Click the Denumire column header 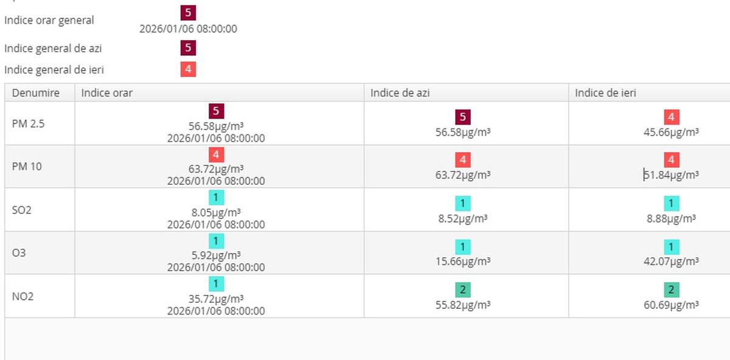pos(36,93)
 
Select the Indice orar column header pos(107,93)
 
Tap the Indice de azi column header pos(401,93)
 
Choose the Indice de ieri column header pos(606,93)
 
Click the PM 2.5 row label pos(28,123)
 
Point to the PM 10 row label pos(27,166)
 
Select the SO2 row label pos(21,210)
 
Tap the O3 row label pos(19,252)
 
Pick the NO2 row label pos(22,296)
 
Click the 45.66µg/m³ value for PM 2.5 pos(672,132)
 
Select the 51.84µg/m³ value pos(672,175)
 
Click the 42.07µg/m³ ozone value pos(672,261)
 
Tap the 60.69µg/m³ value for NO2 pos(672,305)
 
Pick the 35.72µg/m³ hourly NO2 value pos(216,299)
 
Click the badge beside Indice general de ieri pos(188,69)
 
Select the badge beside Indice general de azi pos(188,48)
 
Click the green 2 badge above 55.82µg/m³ pos(462,290)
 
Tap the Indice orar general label pos(49,20)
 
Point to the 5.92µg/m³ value pos(216,255)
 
